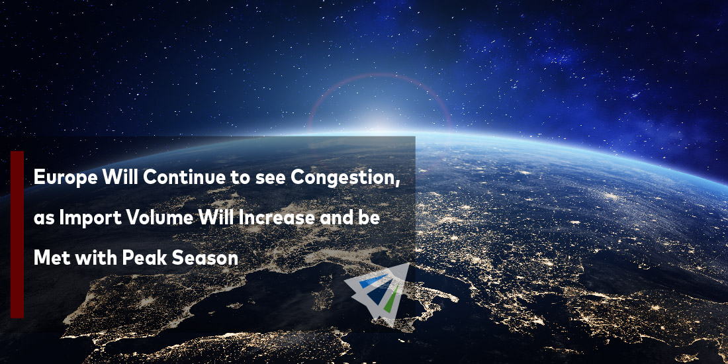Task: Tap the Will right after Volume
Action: click(x=216, y=218)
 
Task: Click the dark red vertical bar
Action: click(x=17, y=234)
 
